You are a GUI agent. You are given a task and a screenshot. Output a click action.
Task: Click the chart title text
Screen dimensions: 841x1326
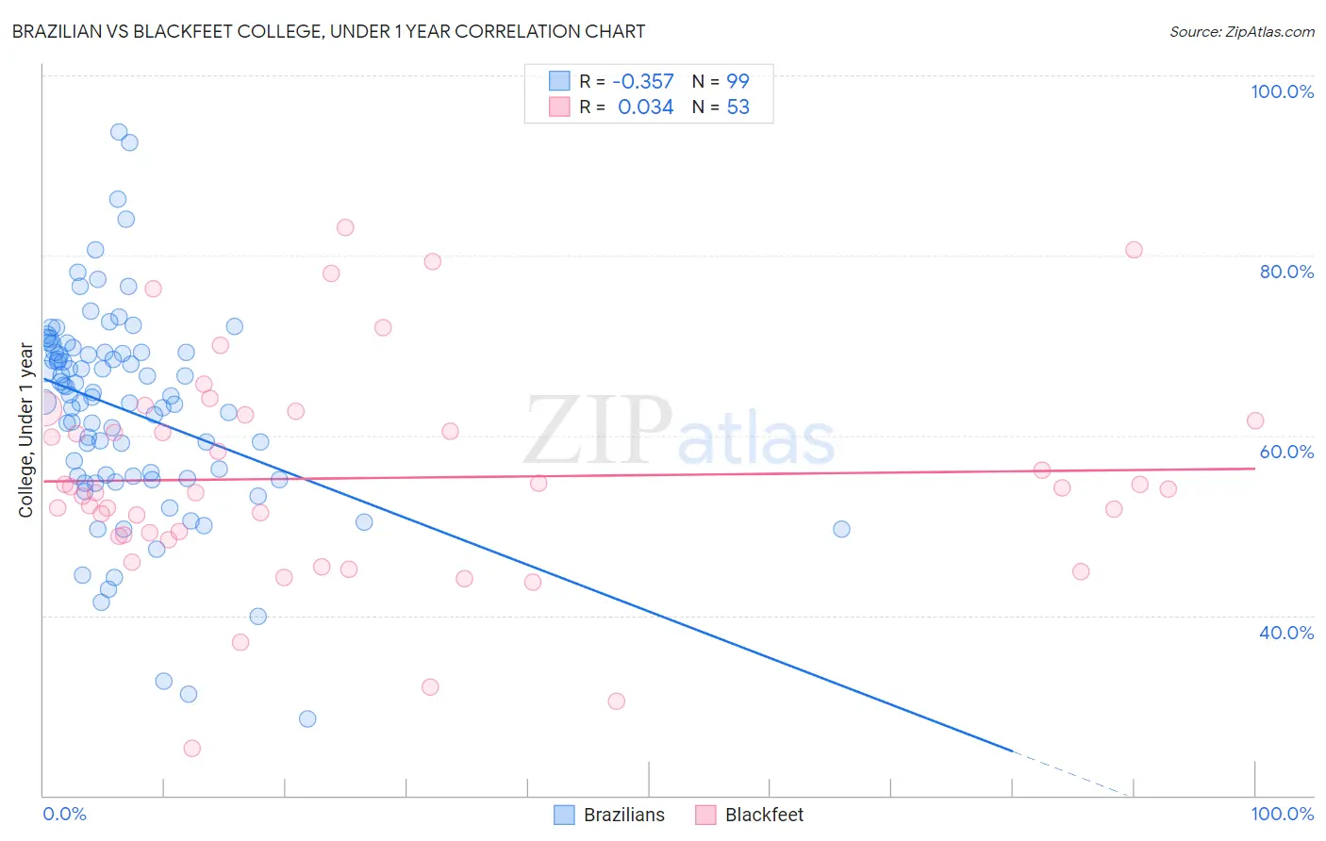point(328,31)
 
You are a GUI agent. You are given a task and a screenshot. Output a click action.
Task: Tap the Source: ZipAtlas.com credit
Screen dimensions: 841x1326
point(1241,31)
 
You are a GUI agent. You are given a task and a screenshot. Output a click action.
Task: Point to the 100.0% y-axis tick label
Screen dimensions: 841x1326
point(1282,91)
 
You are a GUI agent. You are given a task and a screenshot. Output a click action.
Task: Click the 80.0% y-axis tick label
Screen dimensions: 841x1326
point(1286,272)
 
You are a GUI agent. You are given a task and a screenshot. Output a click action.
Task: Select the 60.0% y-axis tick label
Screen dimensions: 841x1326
point(1286,452)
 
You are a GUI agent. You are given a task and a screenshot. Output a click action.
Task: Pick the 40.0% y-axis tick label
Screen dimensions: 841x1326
point(1286,633)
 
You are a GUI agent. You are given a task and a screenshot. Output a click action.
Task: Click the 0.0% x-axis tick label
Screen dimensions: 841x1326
point(64,814)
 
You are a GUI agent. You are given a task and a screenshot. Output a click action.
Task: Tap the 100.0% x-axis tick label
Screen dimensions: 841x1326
point(1282,814)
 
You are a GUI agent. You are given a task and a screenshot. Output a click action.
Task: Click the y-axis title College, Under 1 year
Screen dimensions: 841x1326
point(26,430)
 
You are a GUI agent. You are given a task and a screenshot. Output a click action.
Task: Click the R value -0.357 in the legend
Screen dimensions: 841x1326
point(643,82)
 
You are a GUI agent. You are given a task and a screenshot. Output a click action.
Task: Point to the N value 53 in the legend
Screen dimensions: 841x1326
point(738,107)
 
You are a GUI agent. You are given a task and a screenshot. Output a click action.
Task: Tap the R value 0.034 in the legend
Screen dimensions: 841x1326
point(645,107)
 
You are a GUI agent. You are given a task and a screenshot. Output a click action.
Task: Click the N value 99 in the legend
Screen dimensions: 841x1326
point(738,82)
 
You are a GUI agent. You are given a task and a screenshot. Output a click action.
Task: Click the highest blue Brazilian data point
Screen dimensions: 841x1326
point(119,132)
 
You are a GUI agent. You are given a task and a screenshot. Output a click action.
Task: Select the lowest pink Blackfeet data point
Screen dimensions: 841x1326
point(191,749)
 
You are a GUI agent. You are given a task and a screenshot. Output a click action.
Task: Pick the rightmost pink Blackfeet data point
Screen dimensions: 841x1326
point(1254,420)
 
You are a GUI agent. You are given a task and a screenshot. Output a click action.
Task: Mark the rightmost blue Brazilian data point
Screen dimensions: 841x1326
point(841,529)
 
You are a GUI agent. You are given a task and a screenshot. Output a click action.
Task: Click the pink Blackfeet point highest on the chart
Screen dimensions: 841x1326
point(345,227)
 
